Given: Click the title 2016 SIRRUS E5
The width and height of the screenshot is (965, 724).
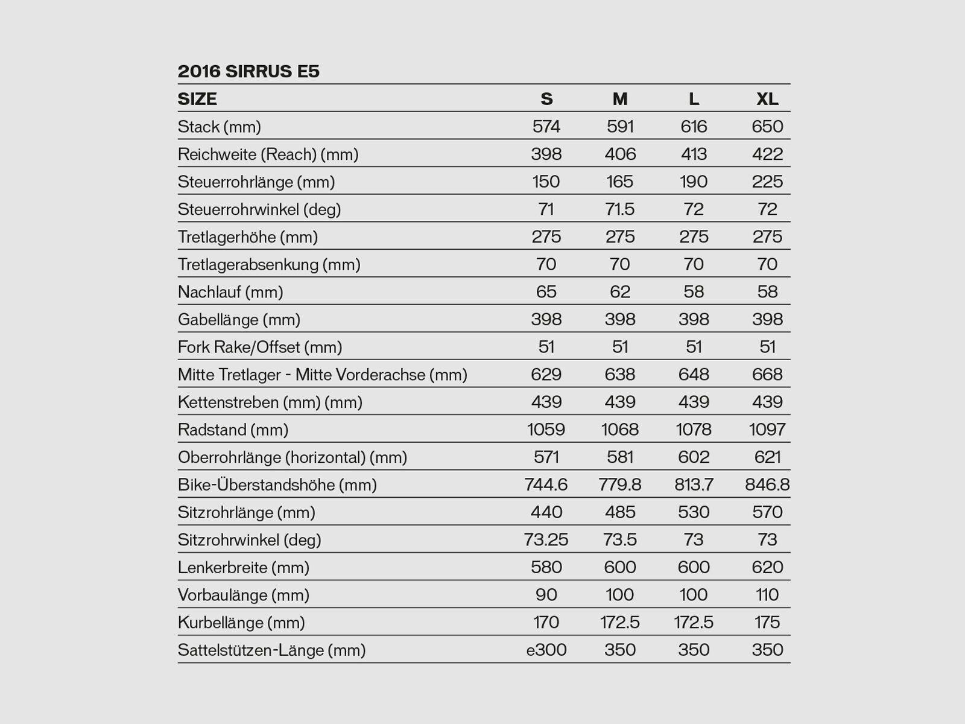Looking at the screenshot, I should coord(248,72).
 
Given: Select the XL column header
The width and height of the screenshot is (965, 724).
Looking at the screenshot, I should coord(767,99).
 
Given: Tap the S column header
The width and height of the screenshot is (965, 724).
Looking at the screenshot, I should coord(546,99).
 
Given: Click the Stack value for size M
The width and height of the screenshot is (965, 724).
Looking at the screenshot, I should coord(620,127).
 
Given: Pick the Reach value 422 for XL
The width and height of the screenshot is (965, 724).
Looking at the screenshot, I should coord(767,154).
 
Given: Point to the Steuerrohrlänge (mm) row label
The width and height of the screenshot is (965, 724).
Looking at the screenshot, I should coord(256,182).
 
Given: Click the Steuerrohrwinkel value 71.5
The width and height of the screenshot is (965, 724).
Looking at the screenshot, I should coord(620,209).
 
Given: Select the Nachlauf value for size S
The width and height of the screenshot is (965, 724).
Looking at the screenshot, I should coord(546,292).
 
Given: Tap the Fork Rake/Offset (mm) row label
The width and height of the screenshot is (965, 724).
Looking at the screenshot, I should coord(260,348).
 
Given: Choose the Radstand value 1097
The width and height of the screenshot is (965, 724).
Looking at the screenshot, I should coord(767,430).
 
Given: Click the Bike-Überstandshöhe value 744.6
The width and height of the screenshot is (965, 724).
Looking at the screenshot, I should coord(546,485).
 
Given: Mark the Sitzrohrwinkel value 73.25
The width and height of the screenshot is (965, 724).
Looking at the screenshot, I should coord(546,540).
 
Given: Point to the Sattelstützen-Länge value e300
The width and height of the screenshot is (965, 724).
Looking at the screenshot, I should coord(546,650).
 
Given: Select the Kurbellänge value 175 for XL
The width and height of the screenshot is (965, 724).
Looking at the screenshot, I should coord(767,623).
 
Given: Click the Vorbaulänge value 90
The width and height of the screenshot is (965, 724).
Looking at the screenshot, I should coord(546,595).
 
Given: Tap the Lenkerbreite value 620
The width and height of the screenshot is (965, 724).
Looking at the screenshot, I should coord(767,568).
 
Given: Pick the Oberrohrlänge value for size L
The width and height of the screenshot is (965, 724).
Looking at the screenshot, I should coord(694,457).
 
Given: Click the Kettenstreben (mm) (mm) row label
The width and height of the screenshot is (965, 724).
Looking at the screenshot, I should coord(270,402).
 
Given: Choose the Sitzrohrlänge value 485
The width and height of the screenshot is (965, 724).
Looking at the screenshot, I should coord(620,513).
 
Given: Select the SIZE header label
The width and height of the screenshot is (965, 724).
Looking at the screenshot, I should coord(197,99).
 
